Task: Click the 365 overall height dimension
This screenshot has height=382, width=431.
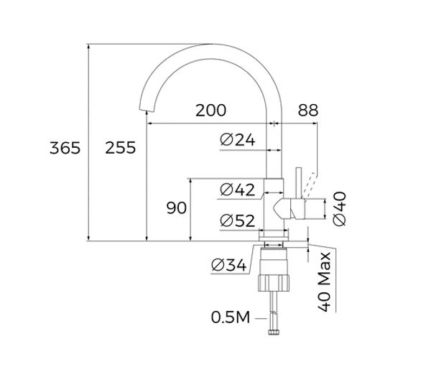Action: [65, 148]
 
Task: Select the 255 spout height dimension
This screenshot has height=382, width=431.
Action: [121, 148]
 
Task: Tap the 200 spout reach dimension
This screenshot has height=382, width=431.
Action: [210, 111]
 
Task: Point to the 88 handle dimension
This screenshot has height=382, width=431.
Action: [308, 111]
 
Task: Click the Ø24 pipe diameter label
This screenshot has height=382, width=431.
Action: [238, 139]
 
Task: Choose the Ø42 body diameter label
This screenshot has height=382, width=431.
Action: [238, 190]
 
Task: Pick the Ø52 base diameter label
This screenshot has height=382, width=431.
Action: [238, 220]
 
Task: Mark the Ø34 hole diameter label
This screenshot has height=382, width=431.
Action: [229, 265]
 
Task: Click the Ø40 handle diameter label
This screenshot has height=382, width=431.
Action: [339, 209]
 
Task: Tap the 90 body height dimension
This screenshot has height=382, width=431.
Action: [177, 208]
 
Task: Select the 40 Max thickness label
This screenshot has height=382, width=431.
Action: [325, 282]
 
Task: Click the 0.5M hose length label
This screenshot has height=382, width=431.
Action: [231, 317]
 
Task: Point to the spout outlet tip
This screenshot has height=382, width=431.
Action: [146, 111]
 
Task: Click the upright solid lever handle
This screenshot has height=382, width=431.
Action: [299, 183]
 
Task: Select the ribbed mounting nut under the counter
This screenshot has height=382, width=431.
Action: [274, 283]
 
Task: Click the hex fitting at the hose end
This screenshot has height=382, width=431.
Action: [274, 332]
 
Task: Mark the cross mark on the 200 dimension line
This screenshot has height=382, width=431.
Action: [274, 124]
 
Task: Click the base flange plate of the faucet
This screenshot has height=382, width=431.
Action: [274, 238]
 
